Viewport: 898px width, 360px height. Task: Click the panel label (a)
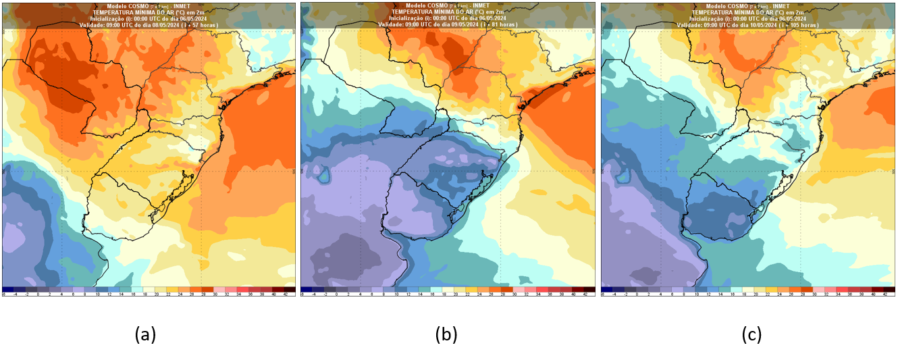146,334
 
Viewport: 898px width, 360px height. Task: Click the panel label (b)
447,334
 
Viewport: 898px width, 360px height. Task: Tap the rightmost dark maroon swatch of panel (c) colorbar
891,289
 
